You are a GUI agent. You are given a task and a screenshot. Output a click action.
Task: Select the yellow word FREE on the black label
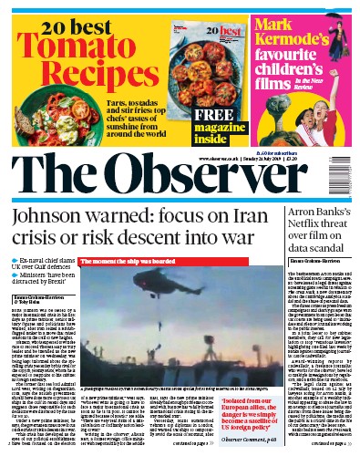(194, 116)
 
